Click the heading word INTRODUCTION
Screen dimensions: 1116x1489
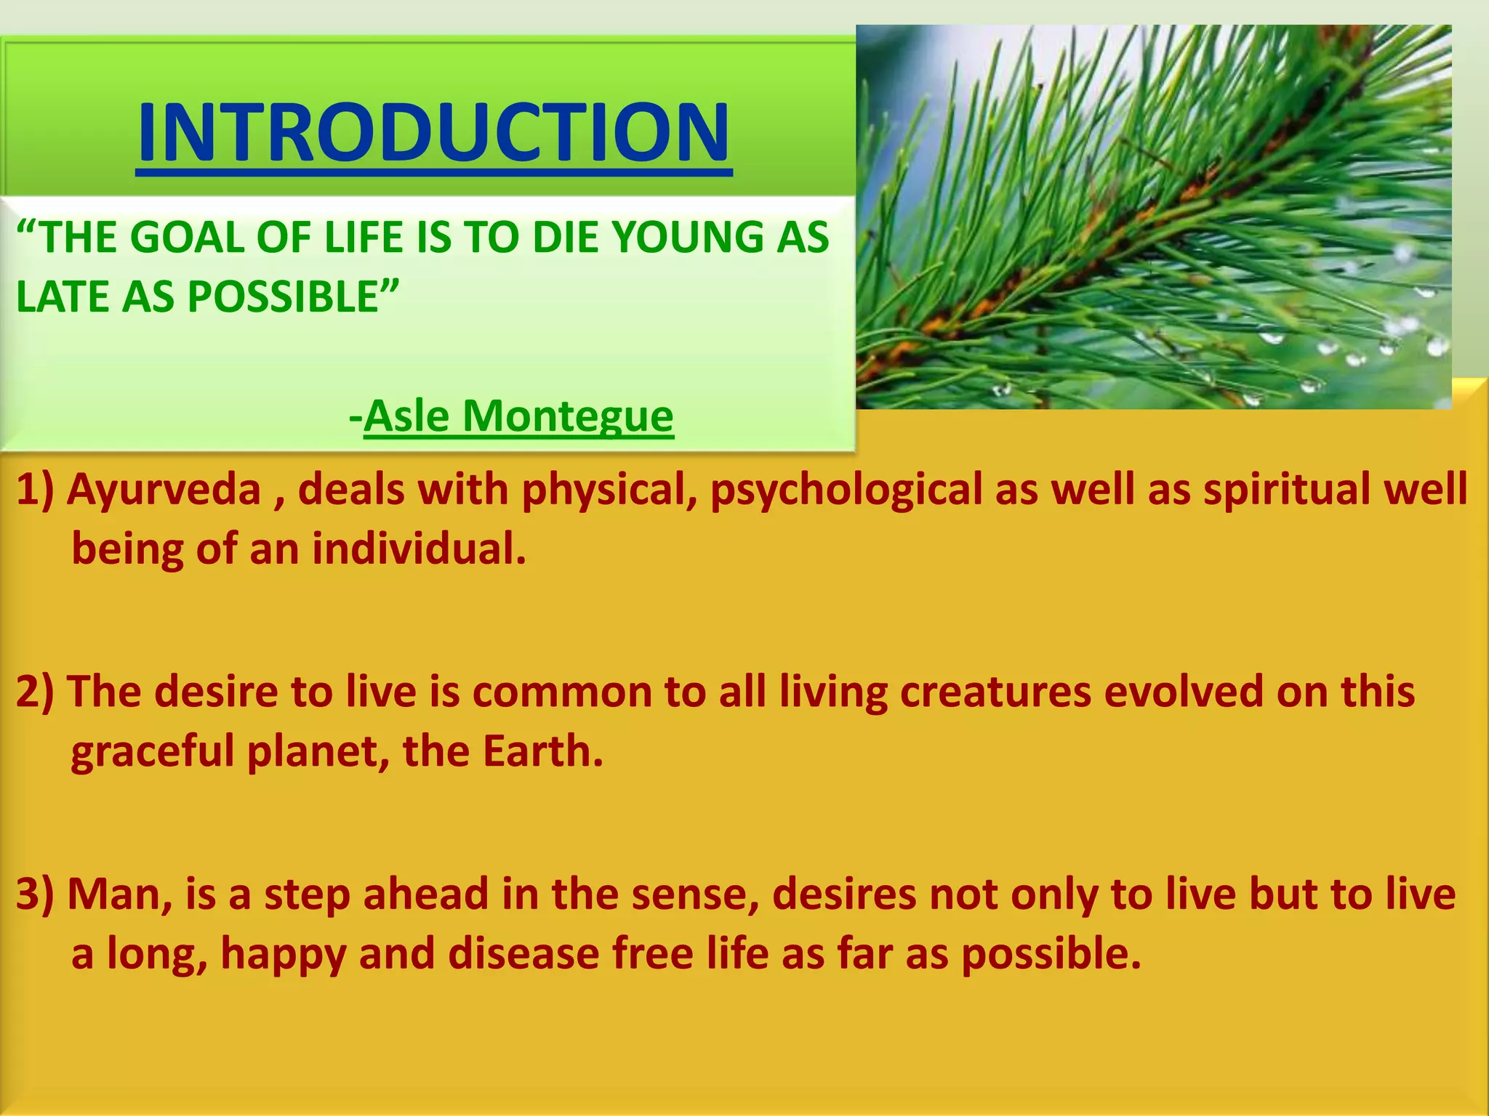pos(434,133)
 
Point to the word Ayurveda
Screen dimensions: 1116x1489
pos(164,489)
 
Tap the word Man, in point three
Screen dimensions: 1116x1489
pos(119,894)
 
